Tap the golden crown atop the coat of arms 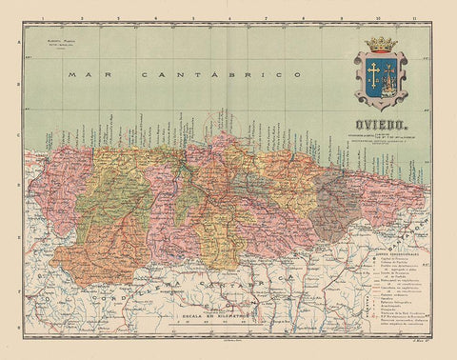(381, 44)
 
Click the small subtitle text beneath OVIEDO (382, 136)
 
